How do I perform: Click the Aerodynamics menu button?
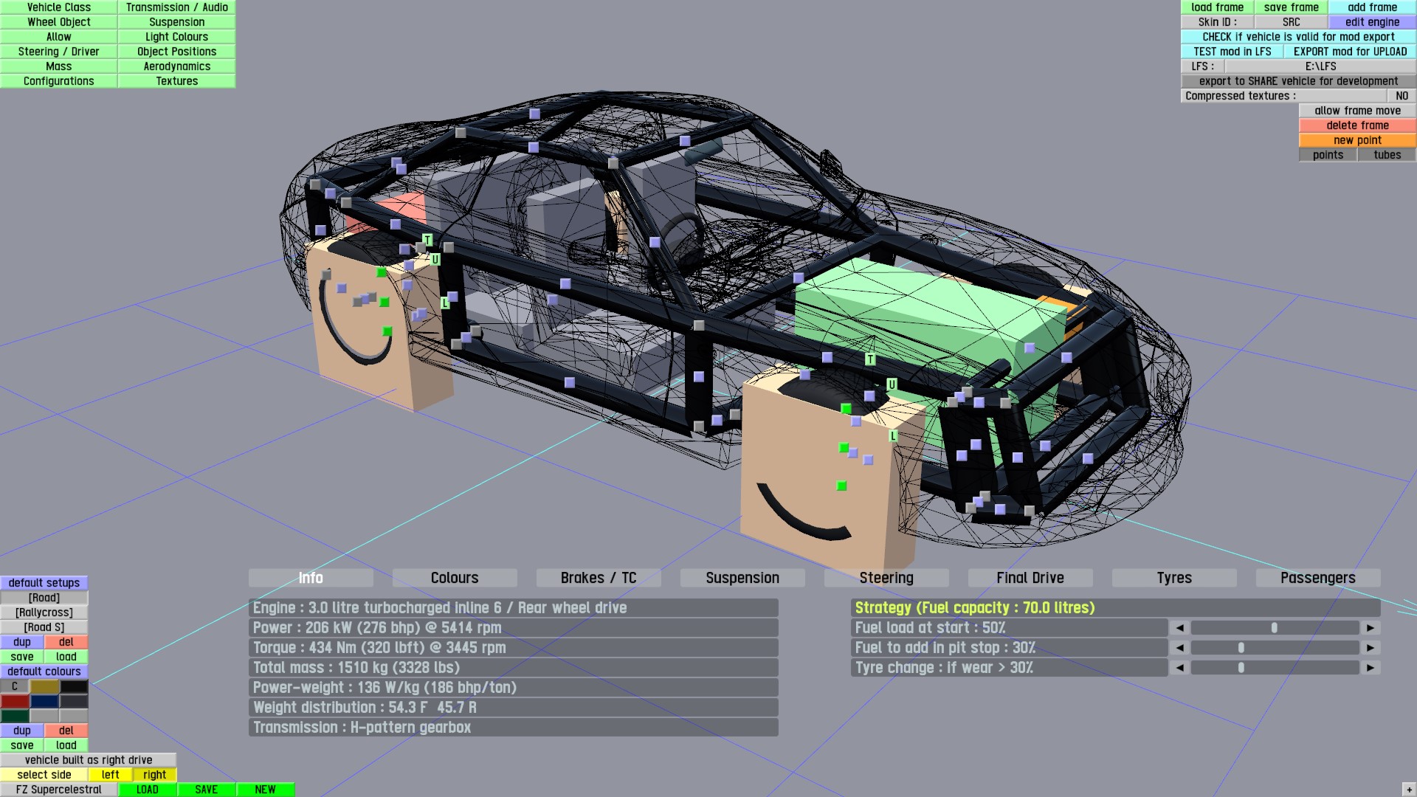click(176, 66)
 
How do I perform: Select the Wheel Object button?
click(59, 22)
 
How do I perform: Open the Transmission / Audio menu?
click(176, 7)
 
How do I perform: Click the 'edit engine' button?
click(1372, 22)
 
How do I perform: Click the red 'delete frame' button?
click(1357, 125)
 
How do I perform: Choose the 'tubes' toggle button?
click(1387, 155)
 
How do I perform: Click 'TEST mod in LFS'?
click(1232, 52)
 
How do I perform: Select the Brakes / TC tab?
click(598, 578)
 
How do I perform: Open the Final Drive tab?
click(1030, 578)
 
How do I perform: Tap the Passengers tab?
click(1317, 578)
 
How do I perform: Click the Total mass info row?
click(513, 668)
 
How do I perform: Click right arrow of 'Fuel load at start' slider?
click(1371, 628)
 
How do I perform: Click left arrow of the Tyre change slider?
click(1180, 668)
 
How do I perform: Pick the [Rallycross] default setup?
click(44, 613)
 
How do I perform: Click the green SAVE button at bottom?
click(206, 790)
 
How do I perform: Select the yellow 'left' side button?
click(110, 775)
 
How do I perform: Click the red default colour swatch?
click(15, 701)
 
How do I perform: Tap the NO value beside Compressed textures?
click(1402, 96)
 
